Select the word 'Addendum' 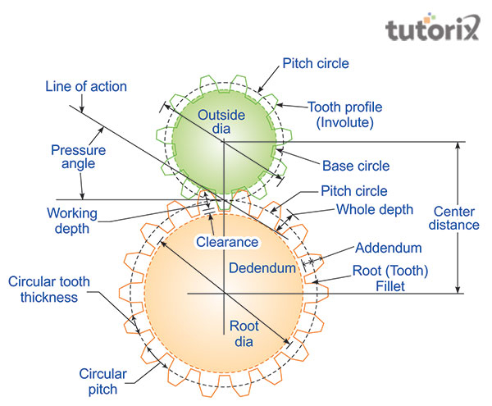[389, 247]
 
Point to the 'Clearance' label [226, 243]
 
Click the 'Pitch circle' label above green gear [315, 63]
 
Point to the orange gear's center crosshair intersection [223, 293]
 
